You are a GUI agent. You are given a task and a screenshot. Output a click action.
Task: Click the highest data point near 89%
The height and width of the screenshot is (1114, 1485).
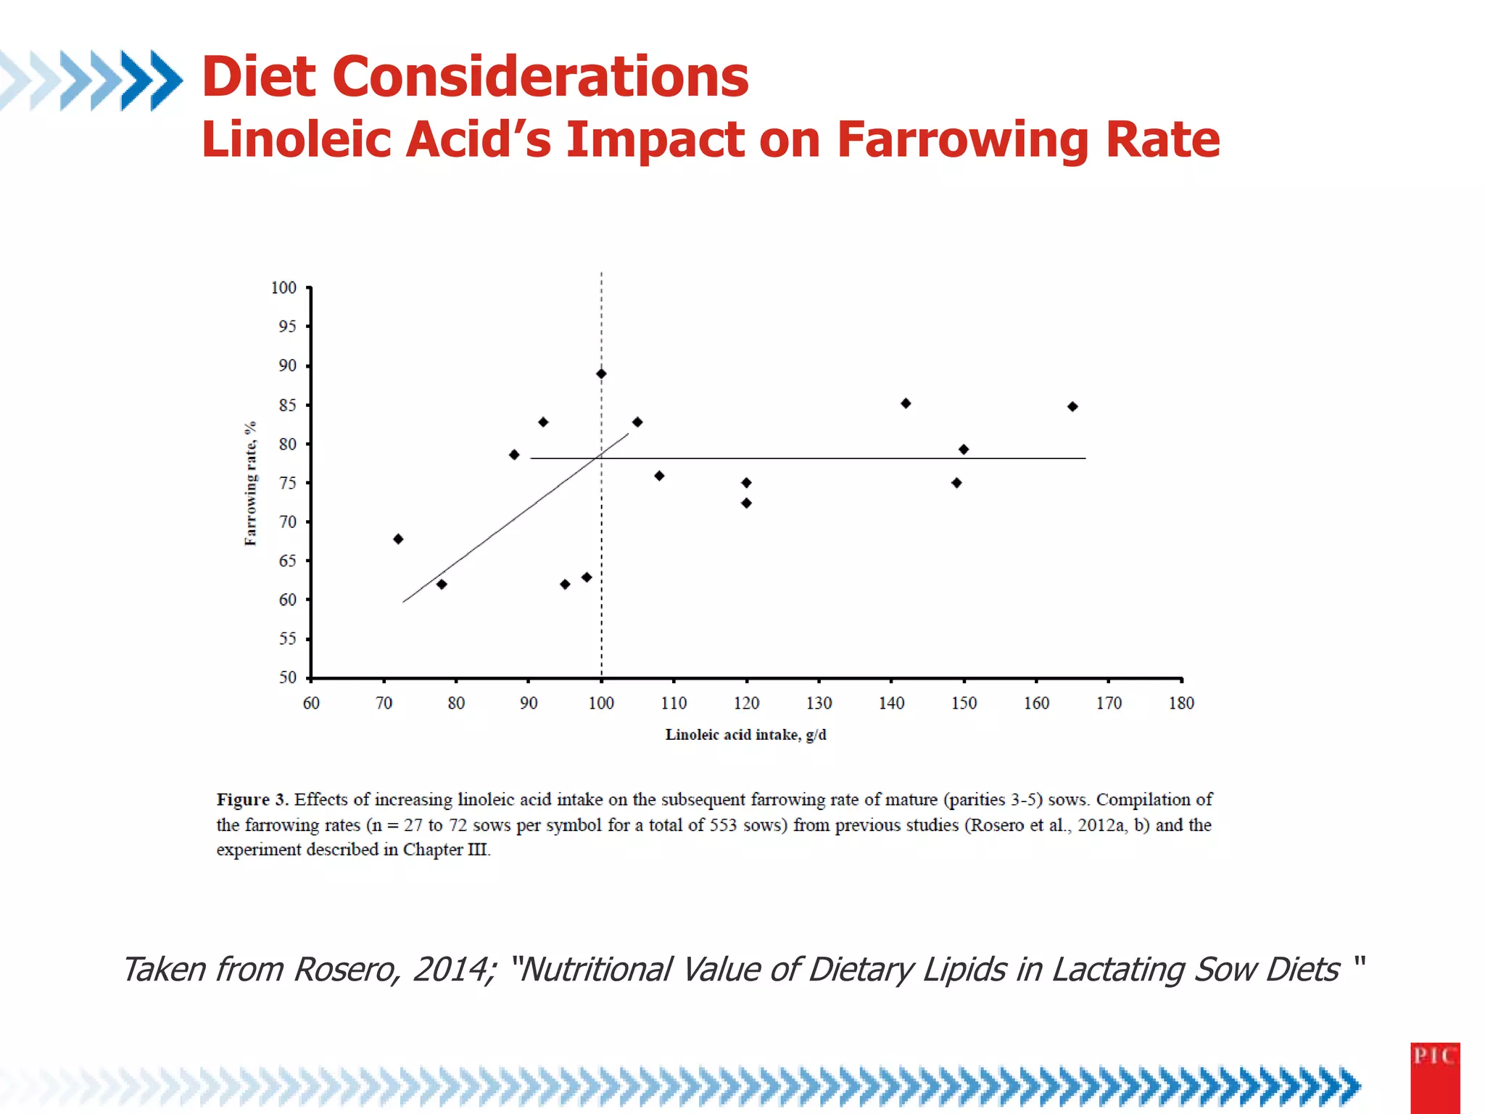tap(601, 374)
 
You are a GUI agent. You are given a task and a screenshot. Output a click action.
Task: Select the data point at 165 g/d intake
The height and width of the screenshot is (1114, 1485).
tap(1072, 406)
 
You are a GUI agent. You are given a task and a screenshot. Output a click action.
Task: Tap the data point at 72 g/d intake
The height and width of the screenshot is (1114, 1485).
tap(398, 539)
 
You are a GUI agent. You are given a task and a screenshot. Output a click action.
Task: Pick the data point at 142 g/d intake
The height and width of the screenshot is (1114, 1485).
tap(906, 403)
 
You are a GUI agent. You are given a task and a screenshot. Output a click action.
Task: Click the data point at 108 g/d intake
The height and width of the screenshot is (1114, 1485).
tap(659, 476)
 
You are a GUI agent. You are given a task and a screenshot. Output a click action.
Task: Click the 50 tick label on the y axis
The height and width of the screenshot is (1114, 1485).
tap(287, 677)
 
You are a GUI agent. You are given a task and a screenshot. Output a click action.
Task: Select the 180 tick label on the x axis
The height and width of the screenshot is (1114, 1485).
tap(1181, 703)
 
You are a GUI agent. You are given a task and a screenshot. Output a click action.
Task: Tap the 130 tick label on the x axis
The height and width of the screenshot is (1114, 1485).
tap(819, 703)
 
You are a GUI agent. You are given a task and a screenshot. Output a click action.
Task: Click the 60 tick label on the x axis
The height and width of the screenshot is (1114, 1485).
tap(311, 703)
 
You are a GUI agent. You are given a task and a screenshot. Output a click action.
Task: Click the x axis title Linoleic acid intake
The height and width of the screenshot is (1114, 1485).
tap(745, 735)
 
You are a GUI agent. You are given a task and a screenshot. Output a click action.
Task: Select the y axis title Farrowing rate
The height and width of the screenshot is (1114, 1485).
tap(250, 483)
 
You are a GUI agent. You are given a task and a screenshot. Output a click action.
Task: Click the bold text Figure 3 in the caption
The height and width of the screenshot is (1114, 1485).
tap(252, 799)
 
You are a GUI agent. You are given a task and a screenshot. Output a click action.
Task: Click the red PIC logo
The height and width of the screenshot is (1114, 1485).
tap(1434, 1077)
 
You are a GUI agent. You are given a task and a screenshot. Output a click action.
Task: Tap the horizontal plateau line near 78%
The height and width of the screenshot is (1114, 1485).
tap(834, 458)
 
